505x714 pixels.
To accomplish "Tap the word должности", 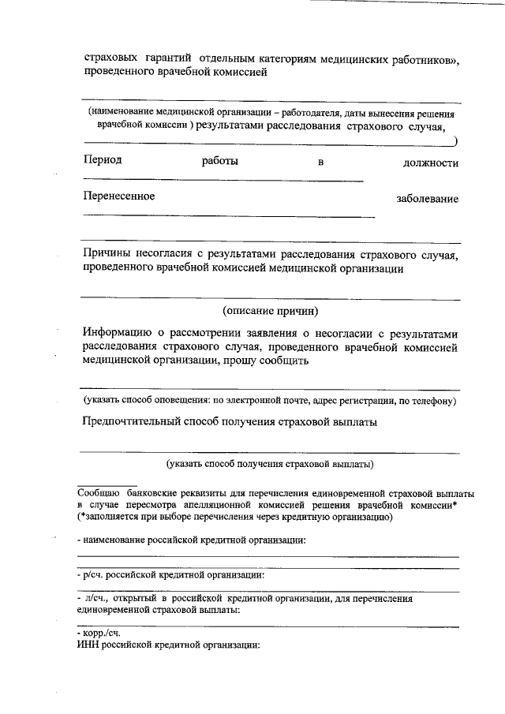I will tap(431, 163).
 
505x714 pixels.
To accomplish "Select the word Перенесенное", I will tap(119, 196).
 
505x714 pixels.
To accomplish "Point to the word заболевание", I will tap(427, 199).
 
